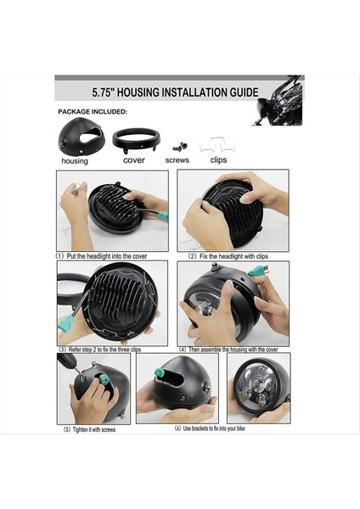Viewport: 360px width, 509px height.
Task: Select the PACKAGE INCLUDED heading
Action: pyautogui.click(x=93, y=111)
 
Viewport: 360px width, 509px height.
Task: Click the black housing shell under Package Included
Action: pyautogui.click(x=81, y=136)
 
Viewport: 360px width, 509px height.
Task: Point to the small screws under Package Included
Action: pyautogui.click(x=179, y=146)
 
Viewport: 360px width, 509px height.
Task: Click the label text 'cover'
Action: pyautogui.click(x=133, y=159)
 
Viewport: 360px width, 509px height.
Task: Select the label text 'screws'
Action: pyautogui.click(x=177, y=159)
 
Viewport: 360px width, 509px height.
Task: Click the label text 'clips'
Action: pyautogui.click(x=218, y=159)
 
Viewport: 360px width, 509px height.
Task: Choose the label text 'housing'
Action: pyautogui.click(x=75, y=161)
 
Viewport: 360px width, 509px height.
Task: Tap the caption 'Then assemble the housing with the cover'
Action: pyautogui.click(x=234, y=349)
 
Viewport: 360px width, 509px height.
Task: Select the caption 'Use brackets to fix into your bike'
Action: pyautogui.click(x=204, y=429)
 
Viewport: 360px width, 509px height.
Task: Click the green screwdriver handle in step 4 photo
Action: pyautogui.click(x=257, y=272)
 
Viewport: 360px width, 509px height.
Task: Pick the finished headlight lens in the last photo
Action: pyautogui.click(x=258, y=389)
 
